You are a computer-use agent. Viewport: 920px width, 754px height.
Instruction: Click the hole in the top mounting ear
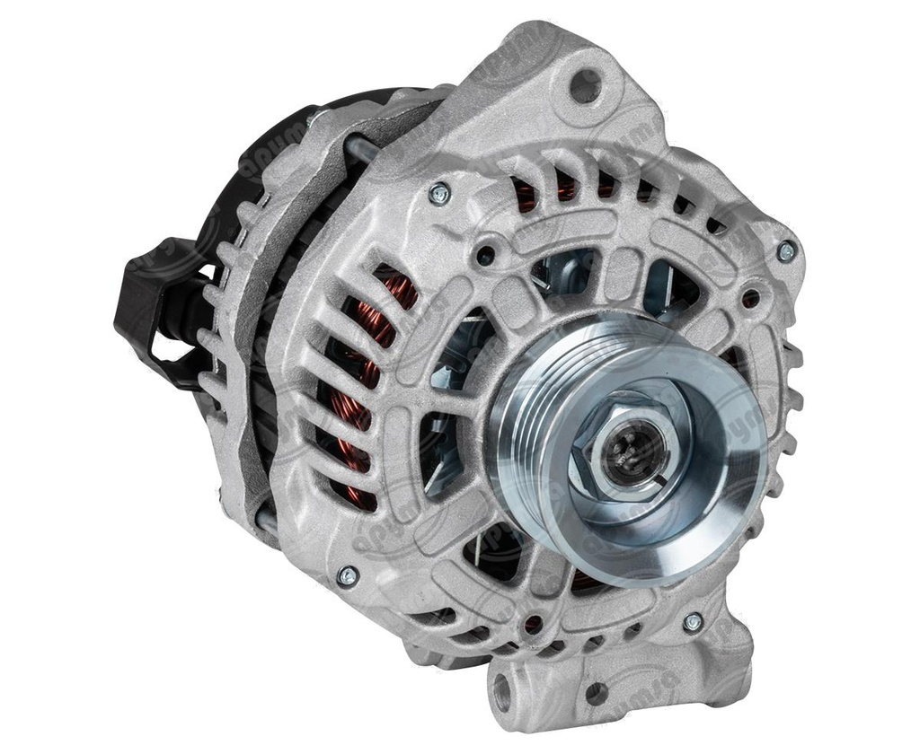click(x=586, y=85)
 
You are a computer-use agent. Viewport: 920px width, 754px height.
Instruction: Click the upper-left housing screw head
click(x=439, y=193)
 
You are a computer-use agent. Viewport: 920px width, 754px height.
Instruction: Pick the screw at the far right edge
click(x=786, y=251)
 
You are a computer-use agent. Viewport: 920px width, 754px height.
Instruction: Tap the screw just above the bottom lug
click(x=693, y=621)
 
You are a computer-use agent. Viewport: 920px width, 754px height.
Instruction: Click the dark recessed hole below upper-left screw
click(x=486, y=254)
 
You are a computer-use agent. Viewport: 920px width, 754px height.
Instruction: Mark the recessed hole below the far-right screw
click(x=750, y=296)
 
